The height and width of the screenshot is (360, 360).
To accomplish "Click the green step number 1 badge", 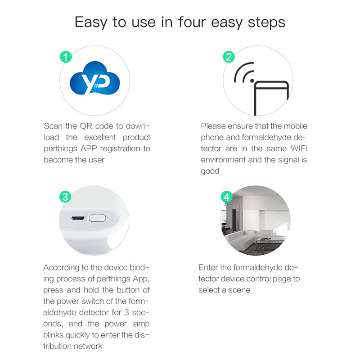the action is (66, 57).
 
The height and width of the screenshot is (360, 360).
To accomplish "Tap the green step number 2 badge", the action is (229, 57).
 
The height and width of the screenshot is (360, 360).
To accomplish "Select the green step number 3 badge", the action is (65, 197).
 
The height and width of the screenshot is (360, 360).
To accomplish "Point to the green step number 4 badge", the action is (227, 197).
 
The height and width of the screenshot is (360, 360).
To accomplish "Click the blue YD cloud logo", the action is (95, 78).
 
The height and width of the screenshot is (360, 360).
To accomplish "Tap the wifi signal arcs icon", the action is (244, 72).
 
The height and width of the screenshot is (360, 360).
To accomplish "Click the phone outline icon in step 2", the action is (271, 98).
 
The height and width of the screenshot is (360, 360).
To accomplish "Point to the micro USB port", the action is (78, 218).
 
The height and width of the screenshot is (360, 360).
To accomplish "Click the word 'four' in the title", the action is (192, 22).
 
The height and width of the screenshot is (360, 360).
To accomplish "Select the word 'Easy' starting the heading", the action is (91, 23).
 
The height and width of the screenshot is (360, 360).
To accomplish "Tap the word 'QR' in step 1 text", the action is (86, 126).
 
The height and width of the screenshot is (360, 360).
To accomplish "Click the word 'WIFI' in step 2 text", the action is (299, 148).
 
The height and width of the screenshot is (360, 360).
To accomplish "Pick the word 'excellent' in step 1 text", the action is (100, 137).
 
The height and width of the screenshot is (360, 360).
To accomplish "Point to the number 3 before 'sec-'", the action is (126, 312).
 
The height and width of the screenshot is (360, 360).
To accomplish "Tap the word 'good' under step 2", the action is (210, 171).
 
